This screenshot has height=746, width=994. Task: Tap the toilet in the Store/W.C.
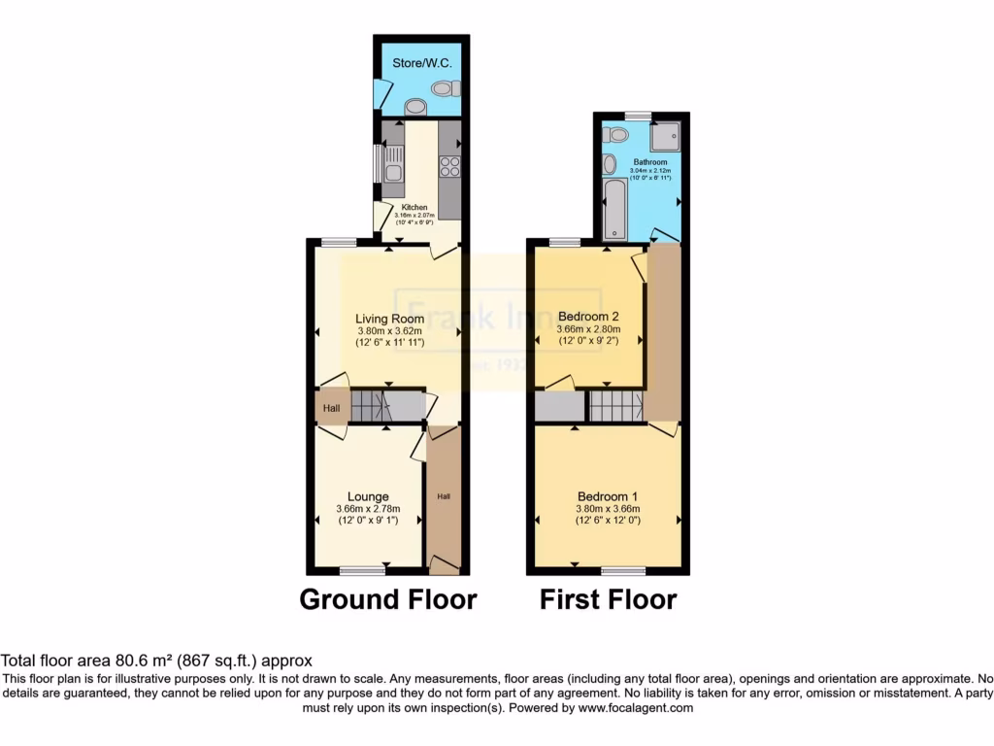[x=444, y=88]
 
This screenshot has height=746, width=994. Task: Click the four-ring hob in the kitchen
[x=449, y=167]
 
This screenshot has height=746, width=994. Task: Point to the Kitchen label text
[x=415, y=207]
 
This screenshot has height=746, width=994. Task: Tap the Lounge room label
[x=368, y=496]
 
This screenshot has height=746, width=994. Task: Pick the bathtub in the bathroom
[x=615, y=208]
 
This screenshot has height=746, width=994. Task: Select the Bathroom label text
[x=650, y=162]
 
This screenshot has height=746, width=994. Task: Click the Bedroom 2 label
[x=589, y=316]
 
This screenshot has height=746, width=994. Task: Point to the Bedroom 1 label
[x=607, y=496]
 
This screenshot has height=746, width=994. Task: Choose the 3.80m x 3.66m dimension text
[x=607, y=509]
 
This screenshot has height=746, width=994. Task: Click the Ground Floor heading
[x=387, y=599]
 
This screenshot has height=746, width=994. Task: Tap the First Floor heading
[x=608, y=599]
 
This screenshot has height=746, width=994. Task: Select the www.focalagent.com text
[x=636, y=708]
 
